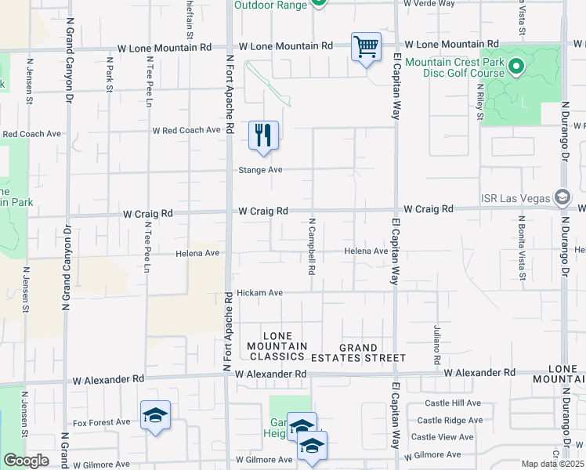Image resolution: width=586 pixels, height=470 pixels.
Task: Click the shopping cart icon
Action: point(366,47)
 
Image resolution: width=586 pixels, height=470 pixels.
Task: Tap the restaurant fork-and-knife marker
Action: point(263,136)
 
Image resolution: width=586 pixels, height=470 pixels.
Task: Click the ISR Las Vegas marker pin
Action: point(562,197)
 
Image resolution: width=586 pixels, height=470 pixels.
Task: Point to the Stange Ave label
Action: point(260,169)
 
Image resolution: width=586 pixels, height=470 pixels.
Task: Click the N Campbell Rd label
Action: point(312,246)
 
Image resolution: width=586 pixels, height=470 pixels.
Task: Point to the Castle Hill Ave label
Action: point(453,403)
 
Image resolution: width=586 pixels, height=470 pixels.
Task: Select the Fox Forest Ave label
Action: point(101,422)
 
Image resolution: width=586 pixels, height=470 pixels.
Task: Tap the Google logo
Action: point(26,461)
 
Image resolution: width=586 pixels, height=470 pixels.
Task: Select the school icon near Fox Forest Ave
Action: point(155,415)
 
